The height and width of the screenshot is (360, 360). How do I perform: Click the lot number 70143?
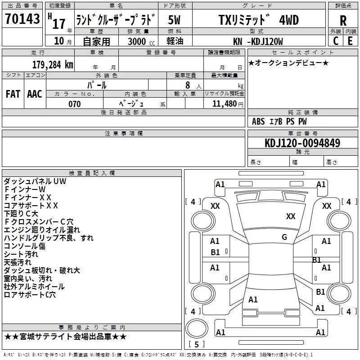tap(22, 19)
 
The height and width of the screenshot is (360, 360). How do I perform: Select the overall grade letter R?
tap(343, 20)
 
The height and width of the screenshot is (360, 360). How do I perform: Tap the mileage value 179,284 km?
tap(53, 64)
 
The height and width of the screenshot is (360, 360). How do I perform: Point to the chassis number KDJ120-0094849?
tap(302, 143)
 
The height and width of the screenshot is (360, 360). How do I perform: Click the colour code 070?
tap(75, 104)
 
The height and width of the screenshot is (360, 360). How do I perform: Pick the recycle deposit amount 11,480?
tap(225, 104)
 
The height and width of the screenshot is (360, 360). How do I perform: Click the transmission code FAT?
tap(13, 94)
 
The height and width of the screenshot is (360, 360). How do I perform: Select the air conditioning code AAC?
tap(35, 94)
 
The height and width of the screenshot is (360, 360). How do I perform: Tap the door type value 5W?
tap(174, 20)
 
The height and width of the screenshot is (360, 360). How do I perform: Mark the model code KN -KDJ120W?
tap(258, 41)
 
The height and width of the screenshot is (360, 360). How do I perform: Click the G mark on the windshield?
tap(284, 237)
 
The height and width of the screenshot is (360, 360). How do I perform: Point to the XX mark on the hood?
tap(291, 216)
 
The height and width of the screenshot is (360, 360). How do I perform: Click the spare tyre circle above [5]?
tap(197, 328)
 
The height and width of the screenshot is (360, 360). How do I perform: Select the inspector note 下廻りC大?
tap(21, 213)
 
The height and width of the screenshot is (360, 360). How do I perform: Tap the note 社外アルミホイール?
tap(34, 287)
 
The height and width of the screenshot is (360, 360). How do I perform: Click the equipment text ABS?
tap(258, 121)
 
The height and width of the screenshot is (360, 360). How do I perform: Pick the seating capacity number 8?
tap(188, 85)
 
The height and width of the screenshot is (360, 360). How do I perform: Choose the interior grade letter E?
tap(350, 41)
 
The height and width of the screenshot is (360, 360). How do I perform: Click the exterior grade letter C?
tap(336, 41)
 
